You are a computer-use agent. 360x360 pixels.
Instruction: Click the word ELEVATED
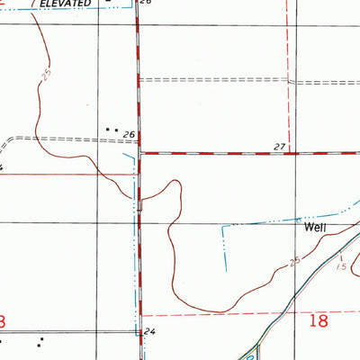[x=66, y=4]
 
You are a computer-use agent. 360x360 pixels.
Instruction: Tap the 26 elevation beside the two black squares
[x=129, y=135]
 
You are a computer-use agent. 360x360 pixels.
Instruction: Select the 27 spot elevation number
[x=279, y=146]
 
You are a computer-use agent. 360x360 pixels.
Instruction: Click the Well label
[x=313, y=228]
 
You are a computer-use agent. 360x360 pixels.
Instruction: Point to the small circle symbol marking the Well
[x=301, y=218]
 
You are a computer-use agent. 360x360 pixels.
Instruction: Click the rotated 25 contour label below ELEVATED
[x=46, y=77]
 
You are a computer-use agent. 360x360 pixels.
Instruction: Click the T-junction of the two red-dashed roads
[x=138, y=152]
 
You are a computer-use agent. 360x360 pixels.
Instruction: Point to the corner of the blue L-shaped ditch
[x=222, y=225]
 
